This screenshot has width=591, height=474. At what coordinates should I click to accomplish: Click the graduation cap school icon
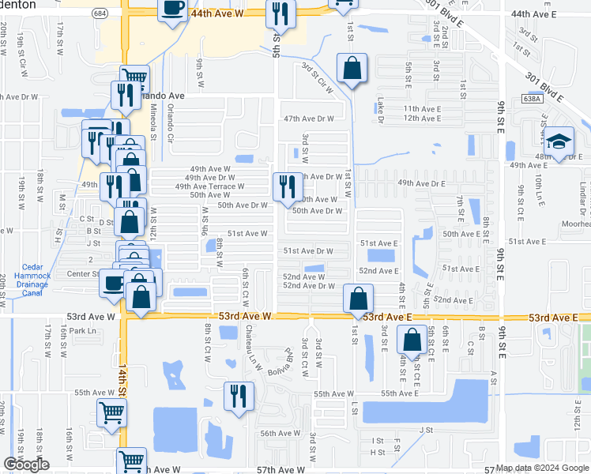click(x=559, y=141)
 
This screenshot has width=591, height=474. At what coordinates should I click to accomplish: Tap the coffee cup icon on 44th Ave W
click(x=173, y=9)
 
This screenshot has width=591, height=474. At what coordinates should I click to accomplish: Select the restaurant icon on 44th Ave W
click(x=280, y=13)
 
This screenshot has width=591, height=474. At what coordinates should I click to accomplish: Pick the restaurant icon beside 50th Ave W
click(x=286, y=186)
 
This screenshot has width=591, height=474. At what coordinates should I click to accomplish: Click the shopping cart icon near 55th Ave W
click(x=111, y=412)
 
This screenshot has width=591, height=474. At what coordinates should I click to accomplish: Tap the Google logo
click(x=26, y=465)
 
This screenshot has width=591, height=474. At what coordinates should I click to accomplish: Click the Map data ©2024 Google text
click(x=542, y=468)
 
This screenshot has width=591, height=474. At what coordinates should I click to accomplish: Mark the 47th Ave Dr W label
click(x=309, y=118)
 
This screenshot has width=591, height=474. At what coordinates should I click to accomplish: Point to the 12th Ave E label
click(x=421, y=118)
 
